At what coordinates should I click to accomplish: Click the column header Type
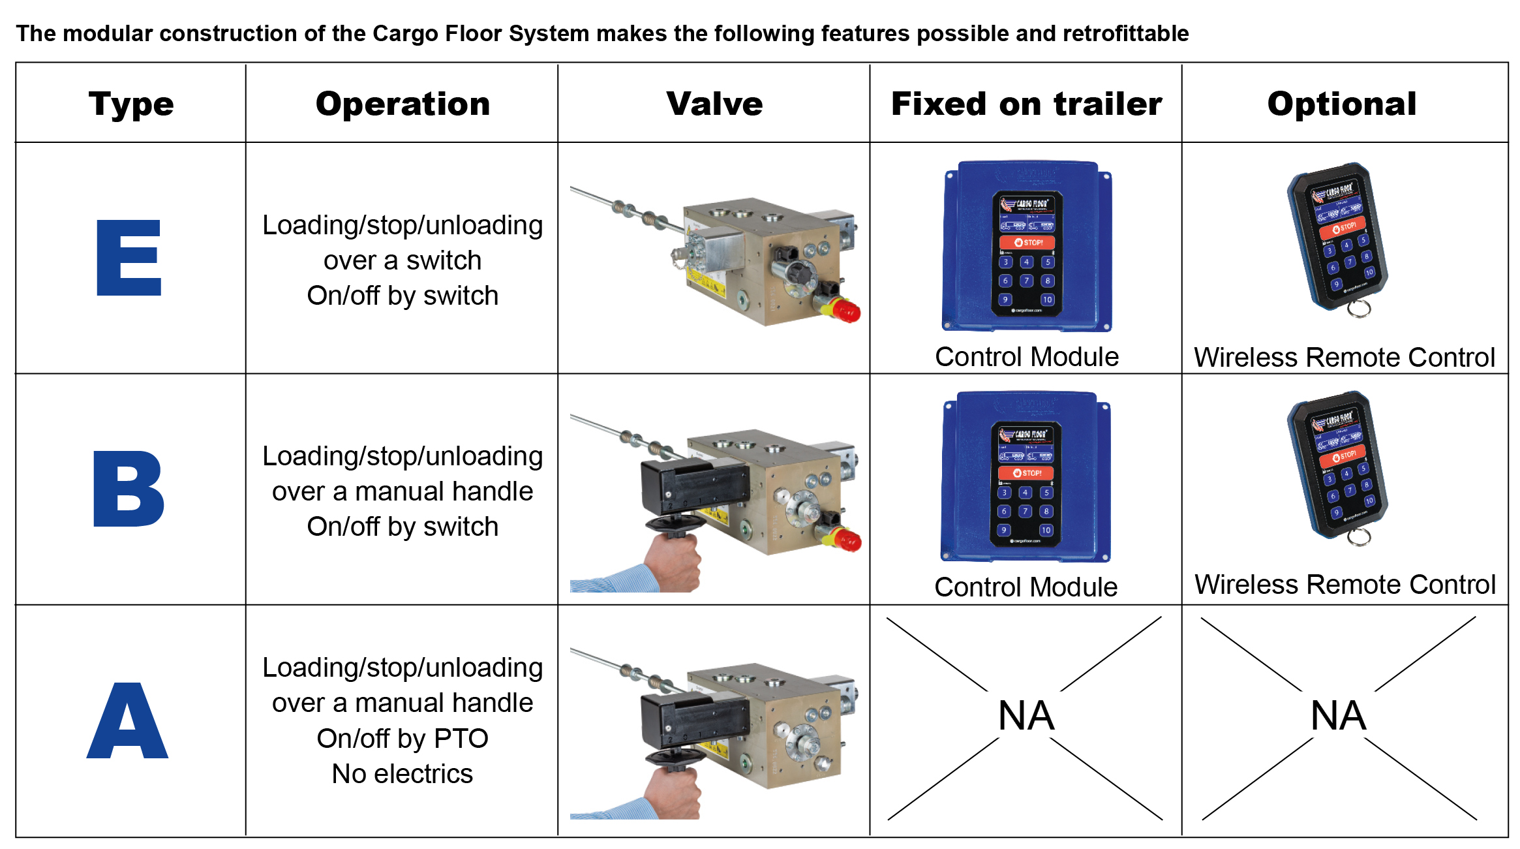tap(131, 104)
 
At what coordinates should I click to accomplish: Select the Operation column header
tap(403, 104)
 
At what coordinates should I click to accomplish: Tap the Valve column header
tap(714, 104)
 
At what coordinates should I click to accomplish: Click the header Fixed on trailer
tap(1026, 104)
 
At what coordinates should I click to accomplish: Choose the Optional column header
tap(1342, 104)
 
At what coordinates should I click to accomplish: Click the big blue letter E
tap(129, 258)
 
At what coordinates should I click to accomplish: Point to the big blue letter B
tap(129, 489)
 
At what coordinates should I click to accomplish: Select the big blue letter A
tap(128, 721)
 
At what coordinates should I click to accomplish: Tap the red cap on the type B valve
tap(847, 540)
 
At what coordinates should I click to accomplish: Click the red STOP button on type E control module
tap(1027, 242)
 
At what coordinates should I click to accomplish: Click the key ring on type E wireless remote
tap(1359, 309)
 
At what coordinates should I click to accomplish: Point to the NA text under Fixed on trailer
tap(1026, 716)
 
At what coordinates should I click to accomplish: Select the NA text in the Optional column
tap(1338, 716)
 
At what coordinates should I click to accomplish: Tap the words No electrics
tap(402, 774)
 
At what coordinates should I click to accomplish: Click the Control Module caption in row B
tap(1026, 587)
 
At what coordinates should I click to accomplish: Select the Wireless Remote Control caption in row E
tap(1345, 358)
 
